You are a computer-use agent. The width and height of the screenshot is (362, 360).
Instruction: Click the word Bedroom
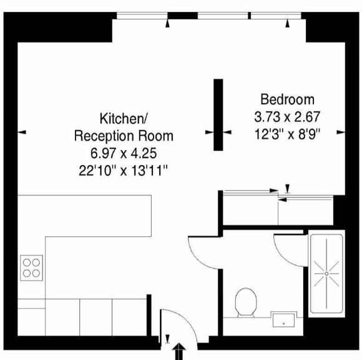pos(288,99)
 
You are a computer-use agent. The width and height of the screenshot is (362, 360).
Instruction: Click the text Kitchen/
pos(124,118)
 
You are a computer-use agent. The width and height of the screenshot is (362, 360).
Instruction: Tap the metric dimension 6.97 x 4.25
pos(124,153)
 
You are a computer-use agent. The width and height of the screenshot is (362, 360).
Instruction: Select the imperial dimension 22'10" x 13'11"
pos(123,171)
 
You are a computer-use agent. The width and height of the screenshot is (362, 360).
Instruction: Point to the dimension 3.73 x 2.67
pos(288,116)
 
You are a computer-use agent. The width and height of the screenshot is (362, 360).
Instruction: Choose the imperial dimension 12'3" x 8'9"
pos(288,134)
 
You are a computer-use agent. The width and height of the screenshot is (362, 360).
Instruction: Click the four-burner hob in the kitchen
pos(31,267)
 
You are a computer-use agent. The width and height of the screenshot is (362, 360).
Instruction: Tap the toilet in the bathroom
pos(246,302)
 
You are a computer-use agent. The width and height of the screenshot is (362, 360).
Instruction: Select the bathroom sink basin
pos(283,320)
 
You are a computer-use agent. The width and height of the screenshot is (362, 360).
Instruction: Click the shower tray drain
pos(326,274)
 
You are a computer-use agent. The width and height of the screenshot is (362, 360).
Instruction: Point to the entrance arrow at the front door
pos(179,351)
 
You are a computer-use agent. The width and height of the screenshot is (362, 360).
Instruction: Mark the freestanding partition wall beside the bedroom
pos(218,114)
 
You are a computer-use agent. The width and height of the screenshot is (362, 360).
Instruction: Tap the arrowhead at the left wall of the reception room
pos(22,132)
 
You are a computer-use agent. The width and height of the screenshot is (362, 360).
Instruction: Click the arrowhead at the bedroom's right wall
pos(341,132)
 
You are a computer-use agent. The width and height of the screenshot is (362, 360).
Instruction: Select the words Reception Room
pos(124,136)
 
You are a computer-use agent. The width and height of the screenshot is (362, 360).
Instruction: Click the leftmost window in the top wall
pos(142,16)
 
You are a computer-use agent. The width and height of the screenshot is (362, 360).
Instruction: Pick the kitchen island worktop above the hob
pos(84,216)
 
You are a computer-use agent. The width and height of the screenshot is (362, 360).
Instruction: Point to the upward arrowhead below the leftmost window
pos(168,23)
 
